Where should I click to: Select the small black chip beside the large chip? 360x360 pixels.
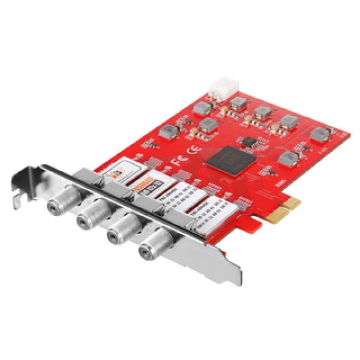(x=247, y=141)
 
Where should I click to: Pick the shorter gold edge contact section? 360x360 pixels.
(x=292, y=203)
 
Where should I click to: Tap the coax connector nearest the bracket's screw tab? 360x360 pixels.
(x=59, y=197)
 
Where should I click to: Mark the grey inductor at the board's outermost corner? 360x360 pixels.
(x=318, y=133)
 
